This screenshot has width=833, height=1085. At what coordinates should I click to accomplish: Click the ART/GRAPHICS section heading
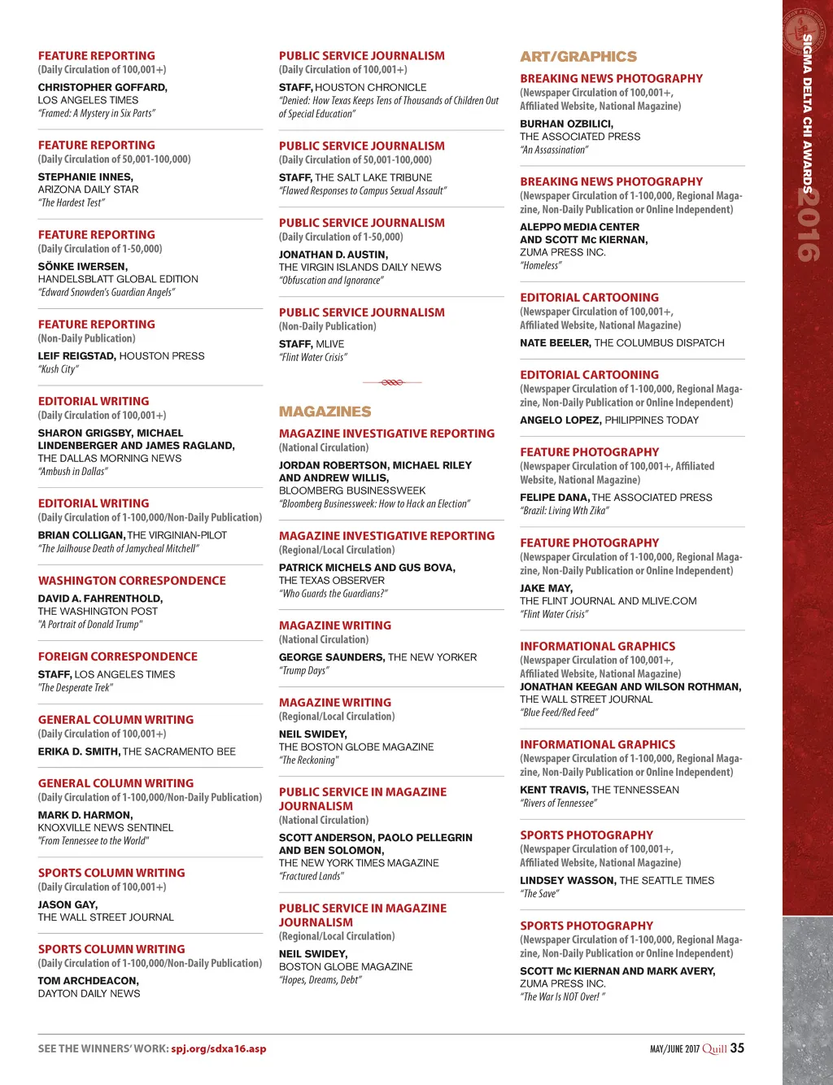click(x=578, y=57)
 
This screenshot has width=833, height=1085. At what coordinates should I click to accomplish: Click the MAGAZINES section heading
click(x=325, y=412)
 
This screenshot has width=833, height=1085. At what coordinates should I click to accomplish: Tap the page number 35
click(x=737, y=1048)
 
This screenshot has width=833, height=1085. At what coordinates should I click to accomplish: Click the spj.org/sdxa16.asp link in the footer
click(x=219, y=1048)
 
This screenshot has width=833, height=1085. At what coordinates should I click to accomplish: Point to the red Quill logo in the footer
click(x=714, y=1048)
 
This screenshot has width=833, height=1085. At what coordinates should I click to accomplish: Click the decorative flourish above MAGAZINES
click(x=391, y=381)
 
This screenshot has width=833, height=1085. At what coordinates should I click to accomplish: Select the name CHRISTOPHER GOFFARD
click(x=102, y=87)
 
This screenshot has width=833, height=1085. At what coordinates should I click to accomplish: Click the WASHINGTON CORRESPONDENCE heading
click(x=132, y=581)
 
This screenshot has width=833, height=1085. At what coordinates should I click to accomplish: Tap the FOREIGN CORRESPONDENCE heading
click(x=118, y=656)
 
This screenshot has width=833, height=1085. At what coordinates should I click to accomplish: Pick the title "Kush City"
click(x=59, y=369)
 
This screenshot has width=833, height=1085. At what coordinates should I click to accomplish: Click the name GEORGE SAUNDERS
click(x=331, y=657)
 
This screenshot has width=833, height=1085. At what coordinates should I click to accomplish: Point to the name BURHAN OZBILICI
click(x=566, y=124)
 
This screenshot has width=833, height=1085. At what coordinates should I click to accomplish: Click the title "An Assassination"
click(x=554, y=150)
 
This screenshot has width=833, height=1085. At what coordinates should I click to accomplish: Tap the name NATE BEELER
click(x=555, y=343)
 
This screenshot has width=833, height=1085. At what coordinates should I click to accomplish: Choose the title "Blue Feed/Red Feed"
click(x=559, y=712)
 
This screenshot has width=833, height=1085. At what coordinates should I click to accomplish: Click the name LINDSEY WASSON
click(x=567, y=880)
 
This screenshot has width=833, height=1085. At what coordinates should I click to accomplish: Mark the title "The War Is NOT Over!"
click(x=562, y=996)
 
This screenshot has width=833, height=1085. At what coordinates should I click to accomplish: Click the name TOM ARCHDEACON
click(x=88, y=981)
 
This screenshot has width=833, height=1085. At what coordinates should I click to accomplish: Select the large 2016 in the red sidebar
click(x=808, y=225)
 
